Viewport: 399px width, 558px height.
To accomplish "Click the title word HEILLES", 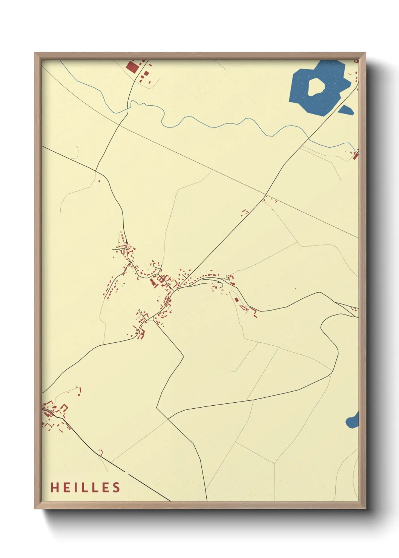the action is click(85, 487).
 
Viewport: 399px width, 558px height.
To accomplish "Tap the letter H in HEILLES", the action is click(54, 487).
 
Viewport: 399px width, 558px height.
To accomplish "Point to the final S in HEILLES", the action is click(117, 487).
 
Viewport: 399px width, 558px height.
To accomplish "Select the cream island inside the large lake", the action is click(316, 86).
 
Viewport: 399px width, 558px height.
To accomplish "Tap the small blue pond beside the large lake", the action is click(346, 110).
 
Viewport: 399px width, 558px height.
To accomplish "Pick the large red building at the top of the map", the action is click(132, 67).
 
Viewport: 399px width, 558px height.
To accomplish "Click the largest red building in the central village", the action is click(153, 283).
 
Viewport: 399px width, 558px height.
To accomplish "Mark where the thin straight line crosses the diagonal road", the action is click(264, 196).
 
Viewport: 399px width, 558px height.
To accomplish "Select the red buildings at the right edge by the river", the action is click(355, 154).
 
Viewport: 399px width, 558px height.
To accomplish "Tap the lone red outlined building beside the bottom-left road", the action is click(101, 452).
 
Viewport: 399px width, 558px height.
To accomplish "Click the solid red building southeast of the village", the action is click(236, 300).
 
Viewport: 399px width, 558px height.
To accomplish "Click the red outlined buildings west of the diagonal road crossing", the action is click(245, 212).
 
